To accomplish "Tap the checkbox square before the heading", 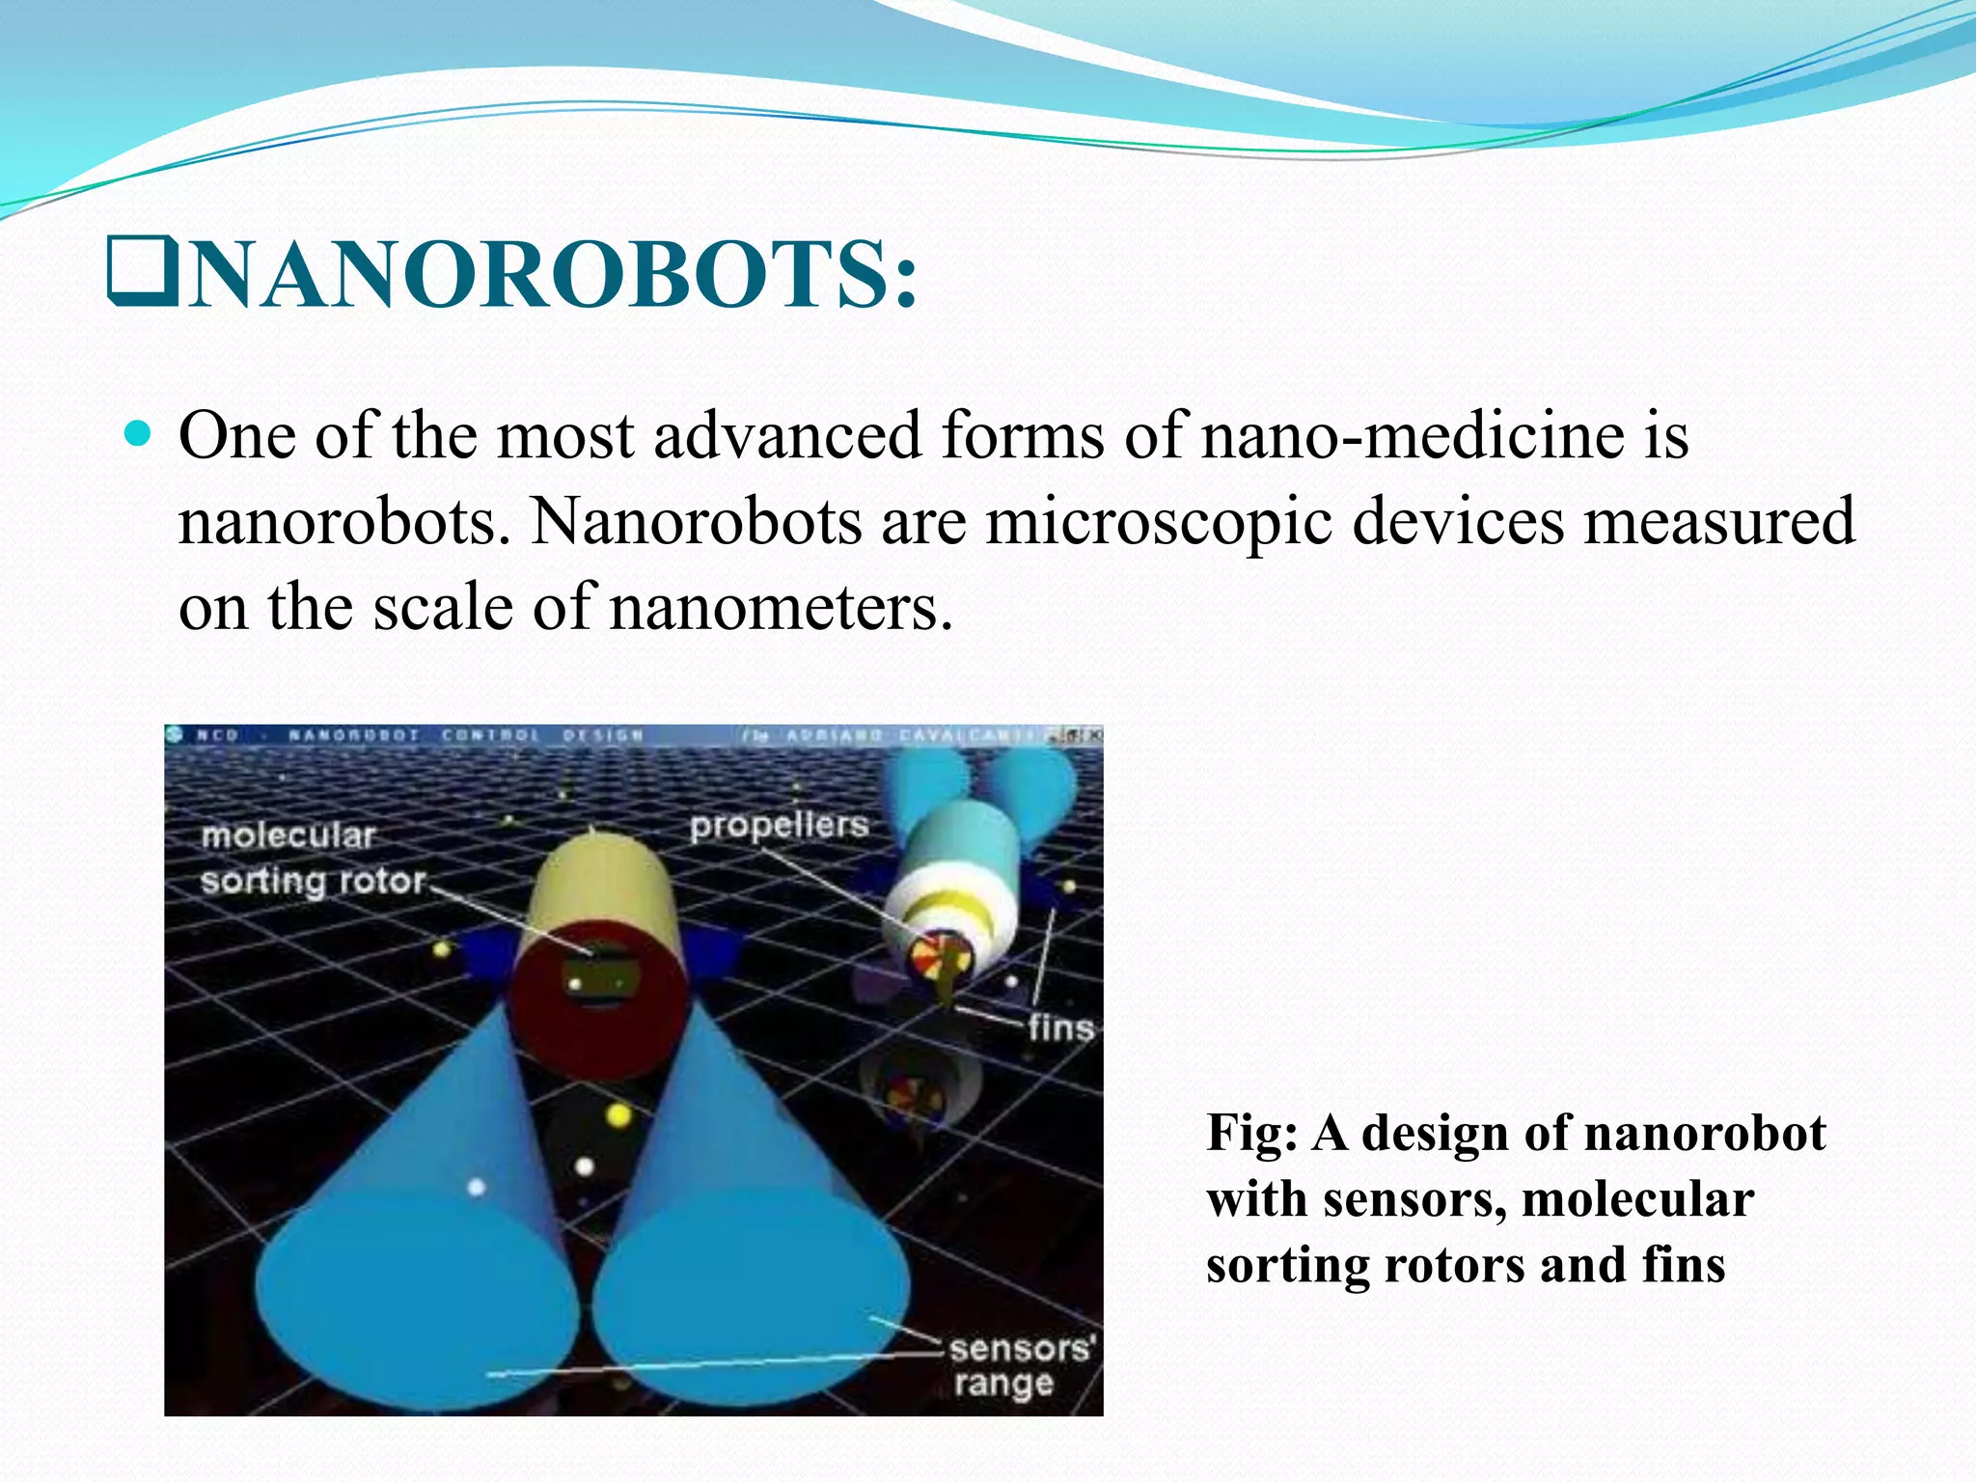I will point(143,271).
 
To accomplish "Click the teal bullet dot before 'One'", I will point(139,434).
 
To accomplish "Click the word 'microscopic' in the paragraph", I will point(1158,522).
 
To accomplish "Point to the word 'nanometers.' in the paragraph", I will point(781,608).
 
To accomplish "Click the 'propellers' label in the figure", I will point(779,826).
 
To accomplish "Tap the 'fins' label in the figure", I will point(1060,1029).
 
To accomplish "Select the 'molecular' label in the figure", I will point(288,836).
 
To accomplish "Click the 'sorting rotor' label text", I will point(313,881).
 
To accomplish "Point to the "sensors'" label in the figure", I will point(1021,1348).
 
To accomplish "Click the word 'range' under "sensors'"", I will point(1002,1384).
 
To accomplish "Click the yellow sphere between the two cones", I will point(618,1116).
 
